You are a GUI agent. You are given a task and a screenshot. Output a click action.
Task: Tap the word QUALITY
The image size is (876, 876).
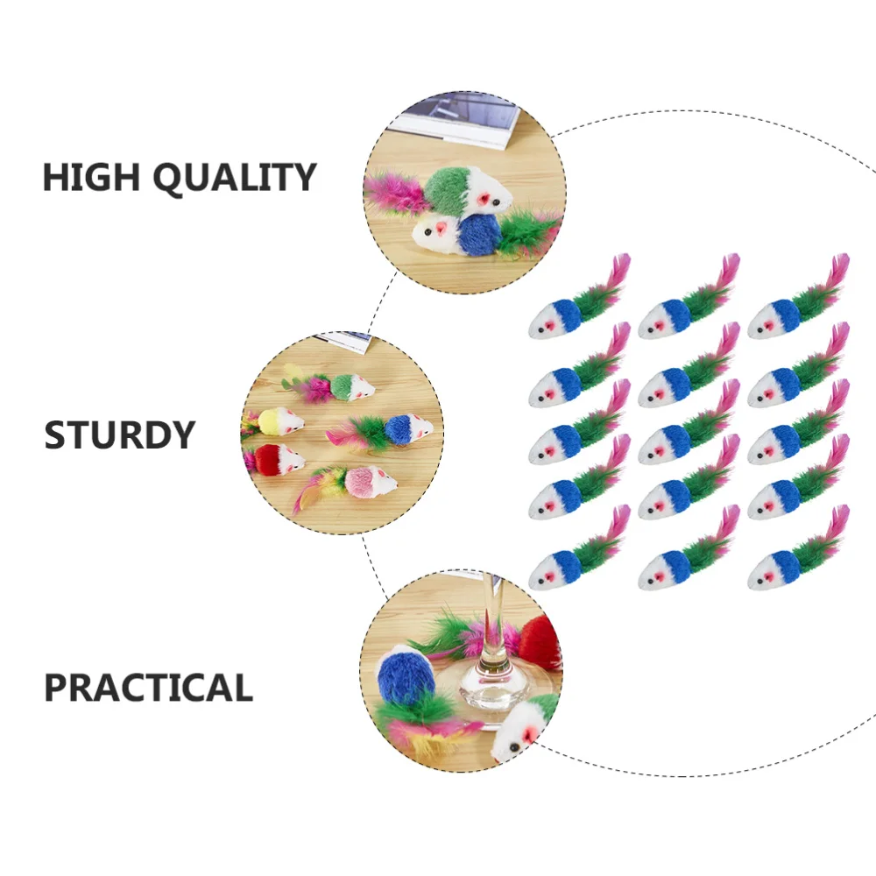click(234, 178)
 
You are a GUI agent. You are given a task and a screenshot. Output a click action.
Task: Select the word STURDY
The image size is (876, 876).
click(120, 435)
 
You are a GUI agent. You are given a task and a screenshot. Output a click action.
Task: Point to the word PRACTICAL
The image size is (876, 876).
click(149, 689)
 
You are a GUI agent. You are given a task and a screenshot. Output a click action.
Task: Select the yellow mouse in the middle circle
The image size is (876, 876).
click(279, 421)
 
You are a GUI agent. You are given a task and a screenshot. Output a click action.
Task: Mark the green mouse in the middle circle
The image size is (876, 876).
click(350, 386)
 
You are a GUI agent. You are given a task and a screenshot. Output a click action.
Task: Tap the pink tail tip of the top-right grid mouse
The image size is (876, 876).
click(842, 261)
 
